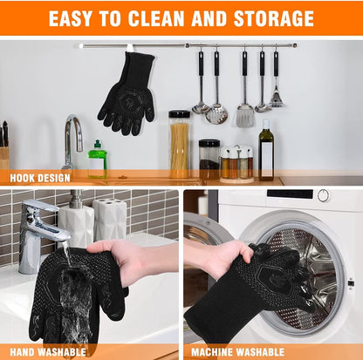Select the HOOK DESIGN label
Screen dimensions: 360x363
tap(40, 178)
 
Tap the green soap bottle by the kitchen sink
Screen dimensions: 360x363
tap(98, 160)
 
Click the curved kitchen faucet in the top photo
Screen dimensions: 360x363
tap(73, 139)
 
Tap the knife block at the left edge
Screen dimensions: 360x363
tap(3, 148)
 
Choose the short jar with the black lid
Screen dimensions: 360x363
tap(209, 158)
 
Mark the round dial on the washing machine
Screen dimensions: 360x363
tap(324, 195)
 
